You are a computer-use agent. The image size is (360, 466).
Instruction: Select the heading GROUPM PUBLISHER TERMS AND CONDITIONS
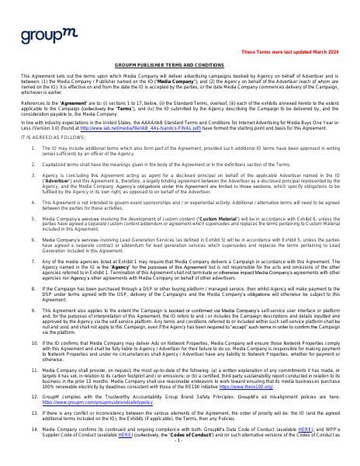click(180, 65)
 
